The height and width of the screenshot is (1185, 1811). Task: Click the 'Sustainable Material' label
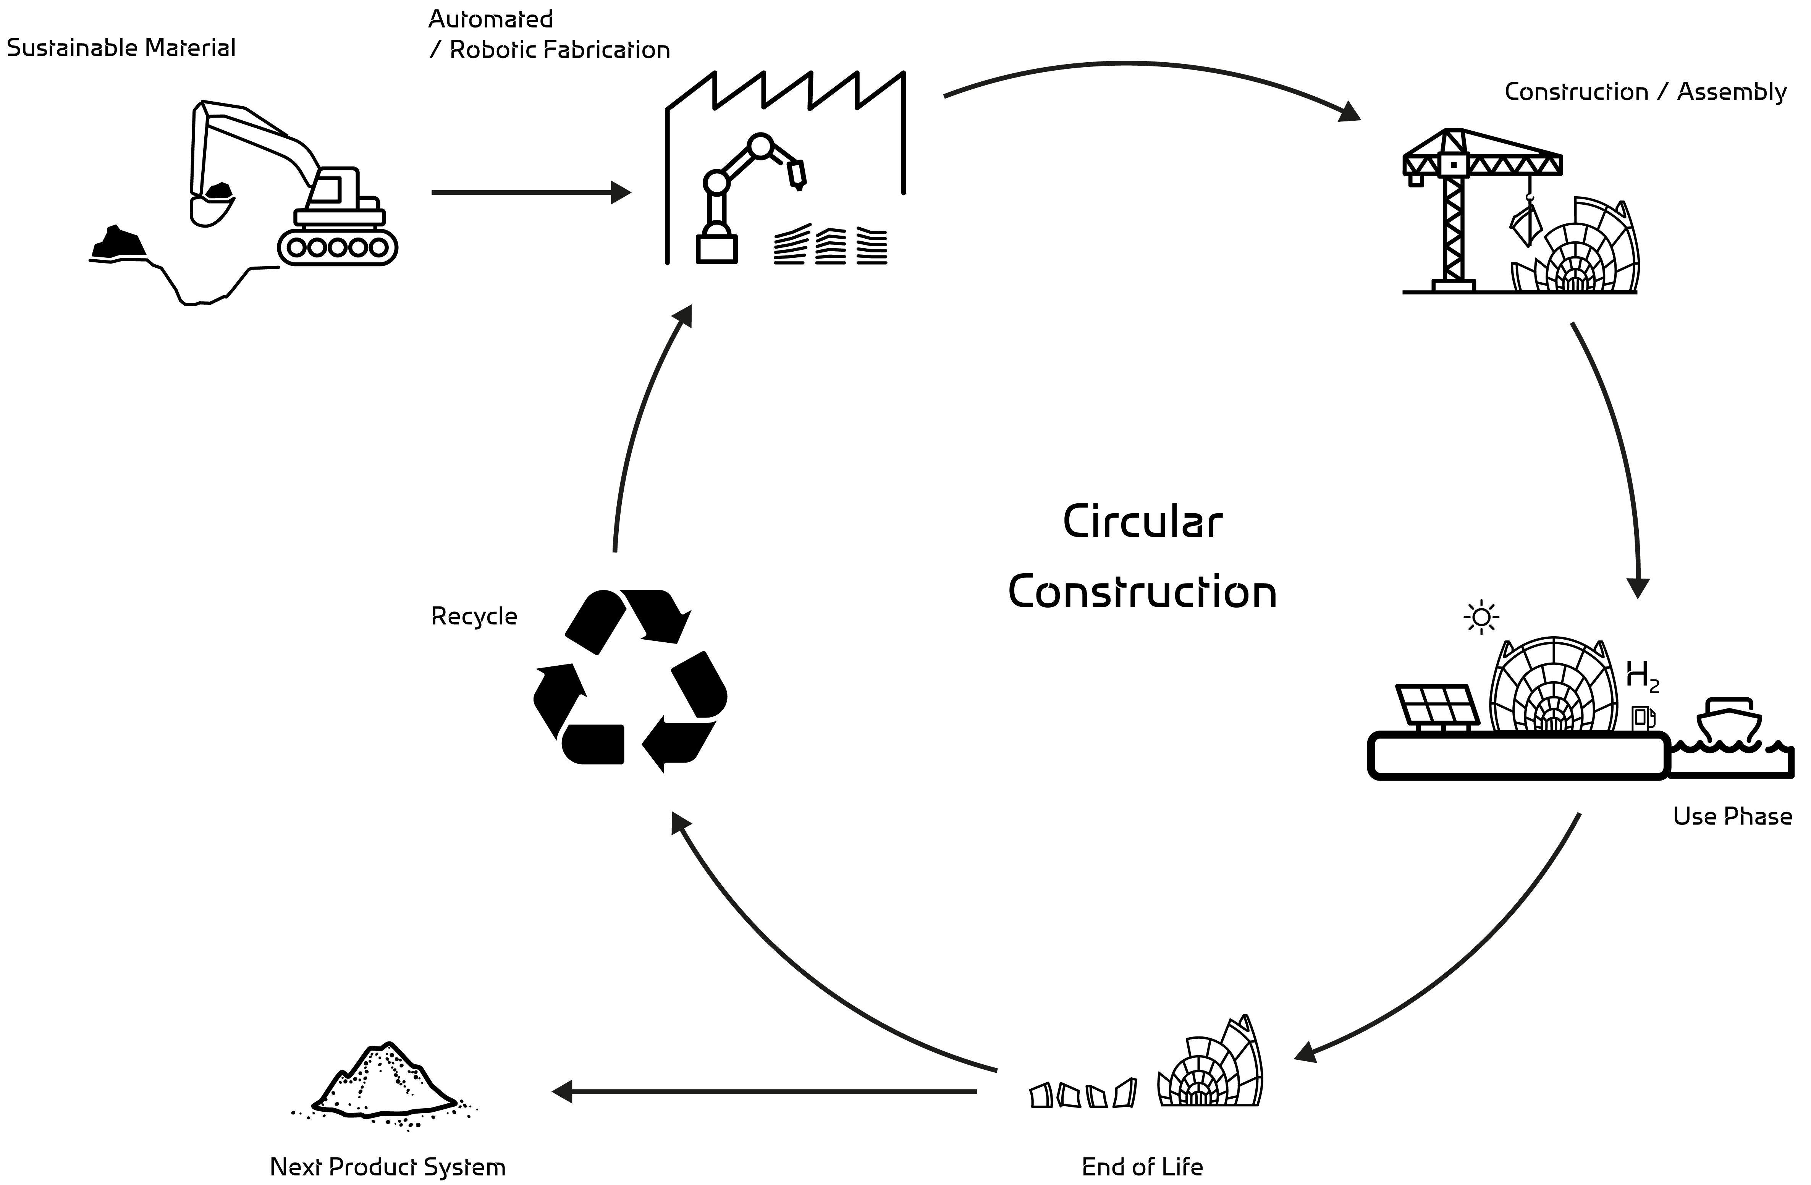pyautogui.click(x=121, y=48)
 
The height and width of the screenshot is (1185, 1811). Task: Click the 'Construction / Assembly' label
pyautogui.click(x=1645, y=92)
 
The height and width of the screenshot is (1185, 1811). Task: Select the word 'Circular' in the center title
pyautogui.click(x=1142, y=523)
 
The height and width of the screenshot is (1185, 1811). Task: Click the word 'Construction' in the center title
pyautogui.click(x=1142, y=593)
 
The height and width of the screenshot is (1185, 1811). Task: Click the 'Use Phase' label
pyautogui.click(x=1732, y=816)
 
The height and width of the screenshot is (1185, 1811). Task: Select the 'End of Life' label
pyautogui.click(x=1142, y=1167)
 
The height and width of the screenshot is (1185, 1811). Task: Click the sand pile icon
pyautogui.click(x=384, y=1085)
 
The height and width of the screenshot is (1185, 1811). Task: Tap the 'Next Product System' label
pyautogui.click(x=387, y=1167)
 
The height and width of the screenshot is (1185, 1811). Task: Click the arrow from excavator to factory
pyautogui.click(x=530, y=192)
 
